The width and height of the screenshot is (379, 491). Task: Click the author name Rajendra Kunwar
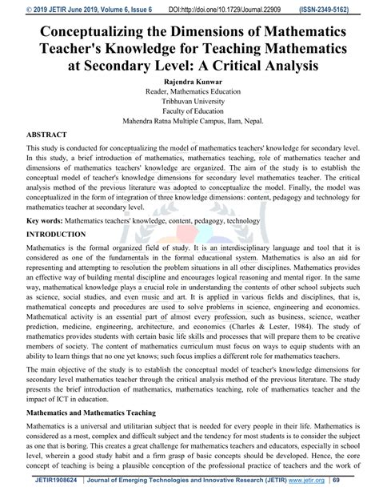[189, 82]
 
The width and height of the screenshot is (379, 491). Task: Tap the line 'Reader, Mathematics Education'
[189, 93]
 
